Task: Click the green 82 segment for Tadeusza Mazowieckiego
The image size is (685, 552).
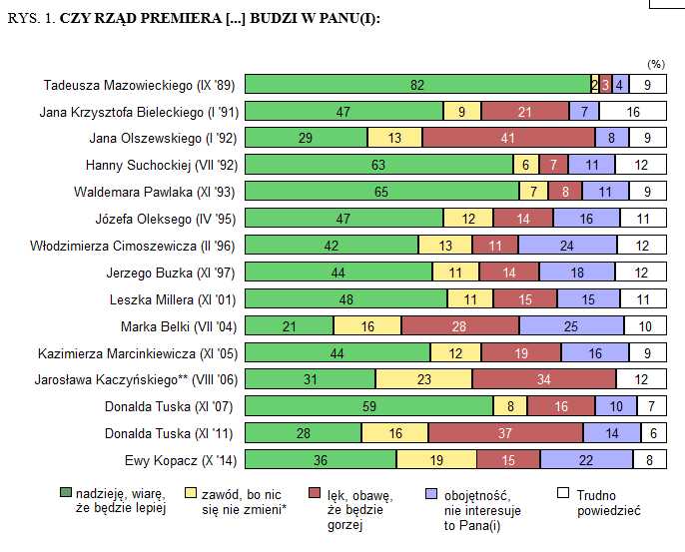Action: pyautogui.click(x=417, y=85)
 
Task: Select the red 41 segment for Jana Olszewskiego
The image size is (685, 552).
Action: pyautogui.click(x=508, y=139)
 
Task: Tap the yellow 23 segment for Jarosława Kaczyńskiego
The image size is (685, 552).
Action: pyautogui.click(x=423, y=379)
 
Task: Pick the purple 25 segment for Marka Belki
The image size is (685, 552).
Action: pyautogui.click(x=571, y=325)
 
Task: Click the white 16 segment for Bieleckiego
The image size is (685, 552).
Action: pyautogui.click(x=633, y=112)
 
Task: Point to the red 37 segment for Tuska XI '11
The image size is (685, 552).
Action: pyautogui.click(x=505, y=433)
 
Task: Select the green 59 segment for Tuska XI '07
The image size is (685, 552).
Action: pyautogui.click(x=368, y=406)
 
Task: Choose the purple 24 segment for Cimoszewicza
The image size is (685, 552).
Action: pyautogui.click(x=567, y=246)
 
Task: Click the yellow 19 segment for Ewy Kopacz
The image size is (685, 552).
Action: pyautogui.click(x=435, y=460)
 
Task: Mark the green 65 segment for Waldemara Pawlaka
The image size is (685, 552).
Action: pyautogui.click(x=381, y=192)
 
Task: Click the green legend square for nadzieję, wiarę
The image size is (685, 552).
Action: pyautogui.click(x=67, y=492)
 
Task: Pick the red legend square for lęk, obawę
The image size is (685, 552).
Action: pyautogui.click(x=316, y=492)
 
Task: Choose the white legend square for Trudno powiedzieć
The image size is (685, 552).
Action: pyautogui.click(x=561, y=492)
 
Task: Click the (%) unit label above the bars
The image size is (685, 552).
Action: pyautogui.click(x=655, y=64)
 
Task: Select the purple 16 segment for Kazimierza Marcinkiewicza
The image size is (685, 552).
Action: pyautogui.click(x=595, y=352)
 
